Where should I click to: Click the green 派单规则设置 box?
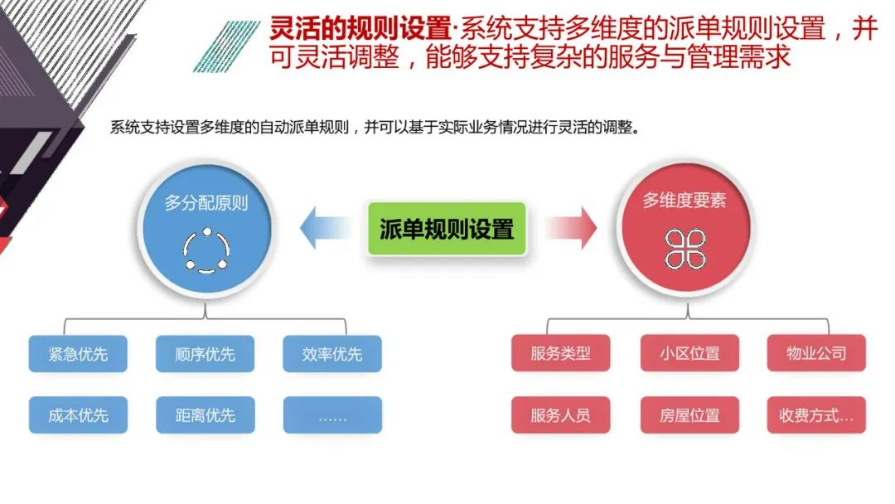pyautogui.click(x=447, y=228)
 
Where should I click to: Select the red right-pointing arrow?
pyautogui.click(x=573, y=228)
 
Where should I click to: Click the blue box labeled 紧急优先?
pyautogui.click(x=78, y=354)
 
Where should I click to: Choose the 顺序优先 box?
pyautogui.click(x=205, y=354)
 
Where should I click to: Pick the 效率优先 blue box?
pyautogui.click(x=332, y=354)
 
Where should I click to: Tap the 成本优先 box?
pyautogui.click(x=78, y=415)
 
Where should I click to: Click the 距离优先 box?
pyautogui.click(x=205, y=415)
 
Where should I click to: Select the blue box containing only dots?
pyautogui.click(x=332, y=415)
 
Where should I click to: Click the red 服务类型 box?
pyautogui.click(x=561, y=353)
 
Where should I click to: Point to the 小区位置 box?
pyautogui.click(x=689, y=353)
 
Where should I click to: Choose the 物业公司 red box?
pyautogui.click(x=816, y=353)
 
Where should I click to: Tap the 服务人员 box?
pyautogui.click(x=561, y=415)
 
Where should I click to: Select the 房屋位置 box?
pyautogui.click(x=689, y=415)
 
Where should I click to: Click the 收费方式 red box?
pyautogui.click(x=816, y=415)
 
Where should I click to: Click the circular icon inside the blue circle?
pyautogui.click(x=205, y=249)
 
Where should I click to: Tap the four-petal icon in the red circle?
pyautogui.click(x=685, y=249)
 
